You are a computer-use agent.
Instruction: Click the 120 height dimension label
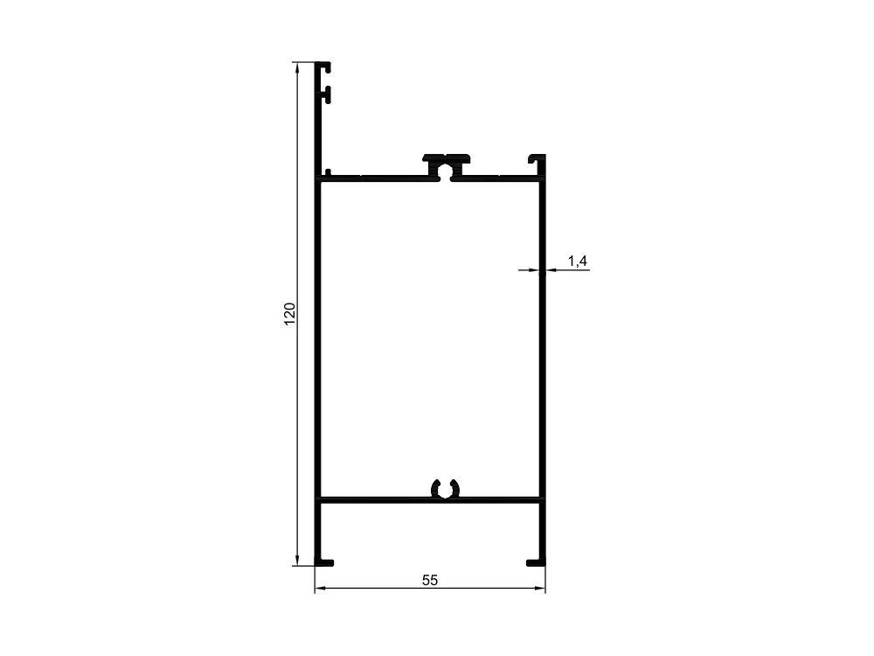(x=290, y=314)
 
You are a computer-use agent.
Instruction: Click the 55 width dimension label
(x=430, y=581)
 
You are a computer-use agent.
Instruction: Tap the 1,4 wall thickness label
(x=578, y=261)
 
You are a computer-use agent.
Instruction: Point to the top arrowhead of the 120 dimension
(x=297, y=68)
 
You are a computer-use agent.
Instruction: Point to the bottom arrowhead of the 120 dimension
(x=297, y=560)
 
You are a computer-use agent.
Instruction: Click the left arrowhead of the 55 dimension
(x=321, y=588)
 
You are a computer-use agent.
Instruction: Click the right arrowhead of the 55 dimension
(x=539, y=588)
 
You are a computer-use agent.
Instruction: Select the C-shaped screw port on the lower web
(x=446, y=488)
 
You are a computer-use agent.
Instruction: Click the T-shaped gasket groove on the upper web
(x=446, y=166)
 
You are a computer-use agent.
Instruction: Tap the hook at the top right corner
(x=538, y=158)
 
